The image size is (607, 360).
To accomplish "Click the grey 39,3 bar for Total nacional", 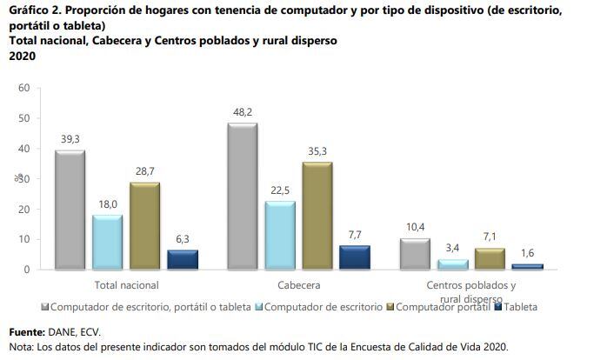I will [70, 210].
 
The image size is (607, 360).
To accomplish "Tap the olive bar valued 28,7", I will [144, 225].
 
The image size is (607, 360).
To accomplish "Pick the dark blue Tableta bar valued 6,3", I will [182, 259].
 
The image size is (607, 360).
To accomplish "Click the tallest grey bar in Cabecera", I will [242, 196].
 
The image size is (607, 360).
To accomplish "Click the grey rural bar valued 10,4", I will [415, 253].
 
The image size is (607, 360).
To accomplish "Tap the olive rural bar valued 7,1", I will [490, 258].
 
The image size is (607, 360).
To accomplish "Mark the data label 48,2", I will [242, 112].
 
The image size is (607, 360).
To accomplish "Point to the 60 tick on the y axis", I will [23, 88].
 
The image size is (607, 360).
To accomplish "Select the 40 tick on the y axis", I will [23, 149].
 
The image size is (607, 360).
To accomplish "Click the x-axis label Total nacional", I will [125, 284].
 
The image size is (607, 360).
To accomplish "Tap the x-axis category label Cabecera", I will [298, 284].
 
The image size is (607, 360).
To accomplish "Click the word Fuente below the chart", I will [27, 332].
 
